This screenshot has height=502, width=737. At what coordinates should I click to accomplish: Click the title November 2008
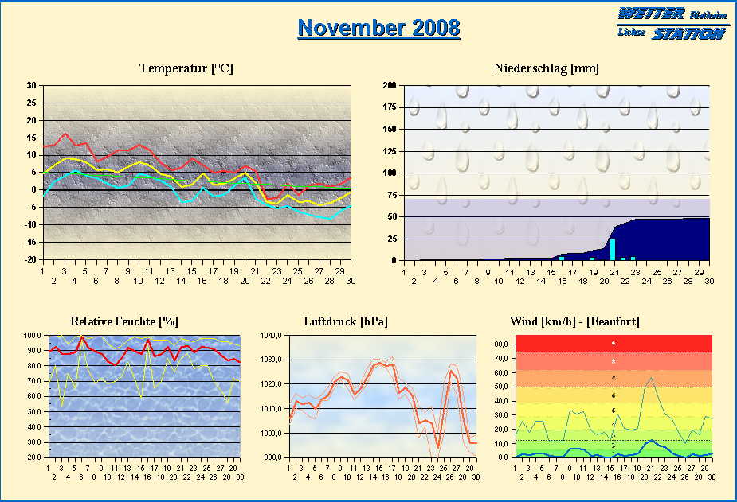pyautogui.click(x=378, y=28)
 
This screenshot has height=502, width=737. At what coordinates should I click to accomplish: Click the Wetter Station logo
pyautogui.click(x=671, y=23)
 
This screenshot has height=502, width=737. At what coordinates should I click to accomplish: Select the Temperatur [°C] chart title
pyautogui.click(x=186, y=68)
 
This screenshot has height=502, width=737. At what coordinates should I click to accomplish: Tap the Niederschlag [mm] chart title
pyautogui.click(x=546, y=68)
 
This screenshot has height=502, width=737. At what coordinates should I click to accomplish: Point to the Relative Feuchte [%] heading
pyautogui.click(x=123, y=321)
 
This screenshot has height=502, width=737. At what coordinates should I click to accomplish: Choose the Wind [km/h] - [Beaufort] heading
pyautogui.click(x=574, y=321)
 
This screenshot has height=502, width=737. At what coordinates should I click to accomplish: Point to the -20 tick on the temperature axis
pyautogui.click(x=30, y=260)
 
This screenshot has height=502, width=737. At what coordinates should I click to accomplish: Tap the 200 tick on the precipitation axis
pyautogui.click(x=390, y=85)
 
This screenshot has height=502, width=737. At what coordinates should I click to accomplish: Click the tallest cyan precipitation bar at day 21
pyautogui.click(x=613, y=249)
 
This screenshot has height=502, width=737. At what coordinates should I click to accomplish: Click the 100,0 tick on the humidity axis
pyautogui.click(x=33, y=336)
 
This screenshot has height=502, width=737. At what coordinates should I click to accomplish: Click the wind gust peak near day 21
pyautogui.click(x=651, y=378)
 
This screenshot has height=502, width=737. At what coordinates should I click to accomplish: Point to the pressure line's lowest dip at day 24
pyautogui.click(x=437, y=448)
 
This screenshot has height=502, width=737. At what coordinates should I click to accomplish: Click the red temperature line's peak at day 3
pyautogui.click(x=65, y=134)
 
